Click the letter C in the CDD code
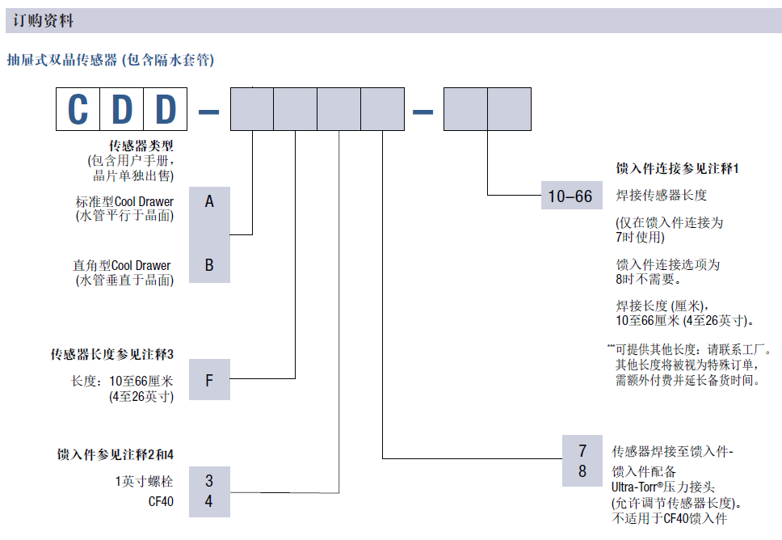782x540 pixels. pos(78,109)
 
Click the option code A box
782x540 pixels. pos(209,201)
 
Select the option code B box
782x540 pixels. pos(209,265)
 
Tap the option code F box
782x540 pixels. pos(209,380)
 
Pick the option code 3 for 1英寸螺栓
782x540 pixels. pos(209,480)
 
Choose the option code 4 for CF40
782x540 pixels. pos(209,501)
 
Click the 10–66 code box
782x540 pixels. pos(570,196)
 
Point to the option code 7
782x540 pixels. pos(582,451)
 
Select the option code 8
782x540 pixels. pos(582,471)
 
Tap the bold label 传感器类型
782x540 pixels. pos(141,146)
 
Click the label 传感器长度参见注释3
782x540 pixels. pos(112,354)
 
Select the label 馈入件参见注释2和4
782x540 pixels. pos(116,454)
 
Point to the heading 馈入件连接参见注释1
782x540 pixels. pos(677,168)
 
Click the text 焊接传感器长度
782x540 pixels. pos(662,196)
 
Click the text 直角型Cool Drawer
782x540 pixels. pos(122,265)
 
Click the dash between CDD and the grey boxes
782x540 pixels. pos(208,110)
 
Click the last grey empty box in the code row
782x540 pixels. pos(510,109)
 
